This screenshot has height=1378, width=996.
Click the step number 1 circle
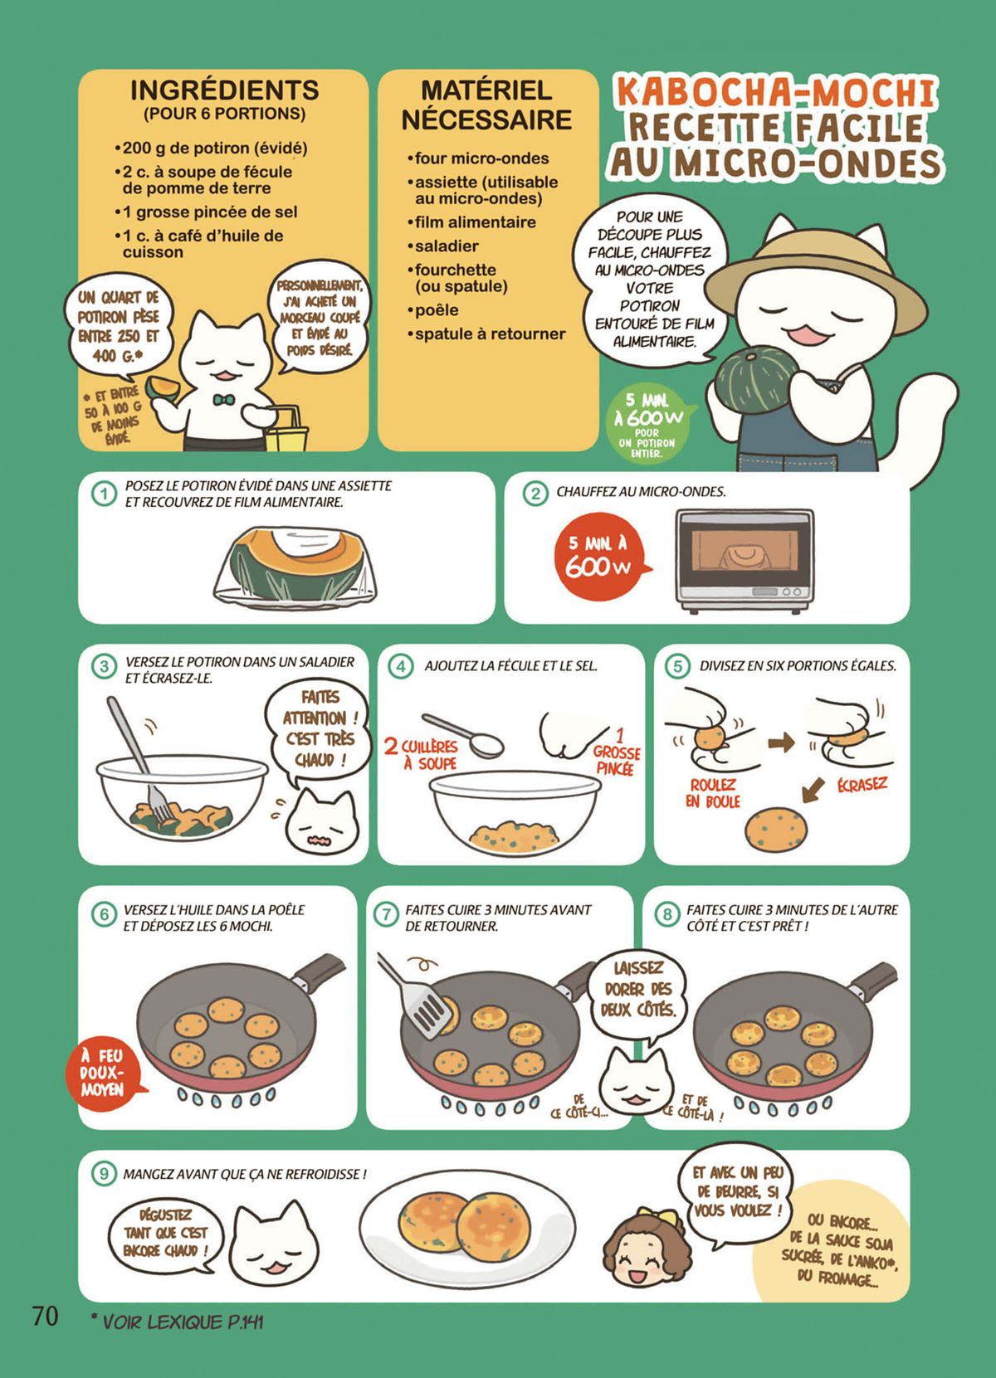(104, 494)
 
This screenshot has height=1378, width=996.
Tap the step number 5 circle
(678, 666)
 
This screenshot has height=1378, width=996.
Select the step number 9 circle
(104, 1174)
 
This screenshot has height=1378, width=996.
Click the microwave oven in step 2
(745, 561)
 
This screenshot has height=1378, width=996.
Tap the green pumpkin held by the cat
(754, 377)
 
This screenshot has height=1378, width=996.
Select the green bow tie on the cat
(222, 400)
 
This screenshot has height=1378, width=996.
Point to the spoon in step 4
(462, 735)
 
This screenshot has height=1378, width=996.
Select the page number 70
(45, 1315)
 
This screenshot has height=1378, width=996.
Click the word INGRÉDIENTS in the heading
(224, 90)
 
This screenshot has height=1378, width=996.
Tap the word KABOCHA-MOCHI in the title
(775, 92)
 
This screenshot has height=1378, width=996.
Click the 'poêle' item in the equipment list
(436, 310)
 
